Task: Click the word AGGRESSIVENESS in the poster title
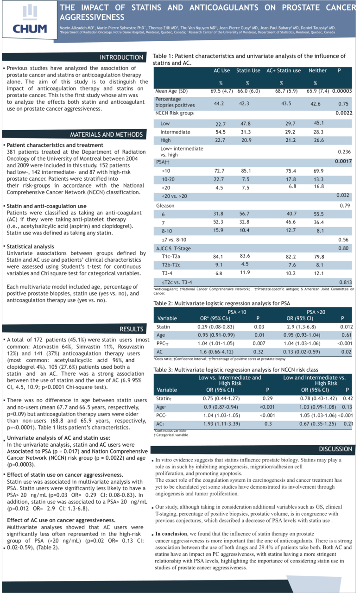click(x=92, y=17)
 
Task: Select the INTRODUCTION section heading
click(x=122, y=57)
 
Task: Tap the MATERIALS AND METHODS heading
click(x=106, y=135)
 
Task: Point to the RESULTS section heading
click(x=132, y=329)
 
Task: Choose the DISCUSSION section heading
click(x=335, y=449)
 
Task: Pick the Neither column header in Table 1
click(x=317, y=71)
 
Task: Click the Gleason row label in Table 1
click(x=166, y=205)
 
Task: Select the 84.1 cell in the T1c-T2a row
click(x=220, y=257)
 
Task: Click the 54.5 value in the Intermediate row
click(x=220, y=132)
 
